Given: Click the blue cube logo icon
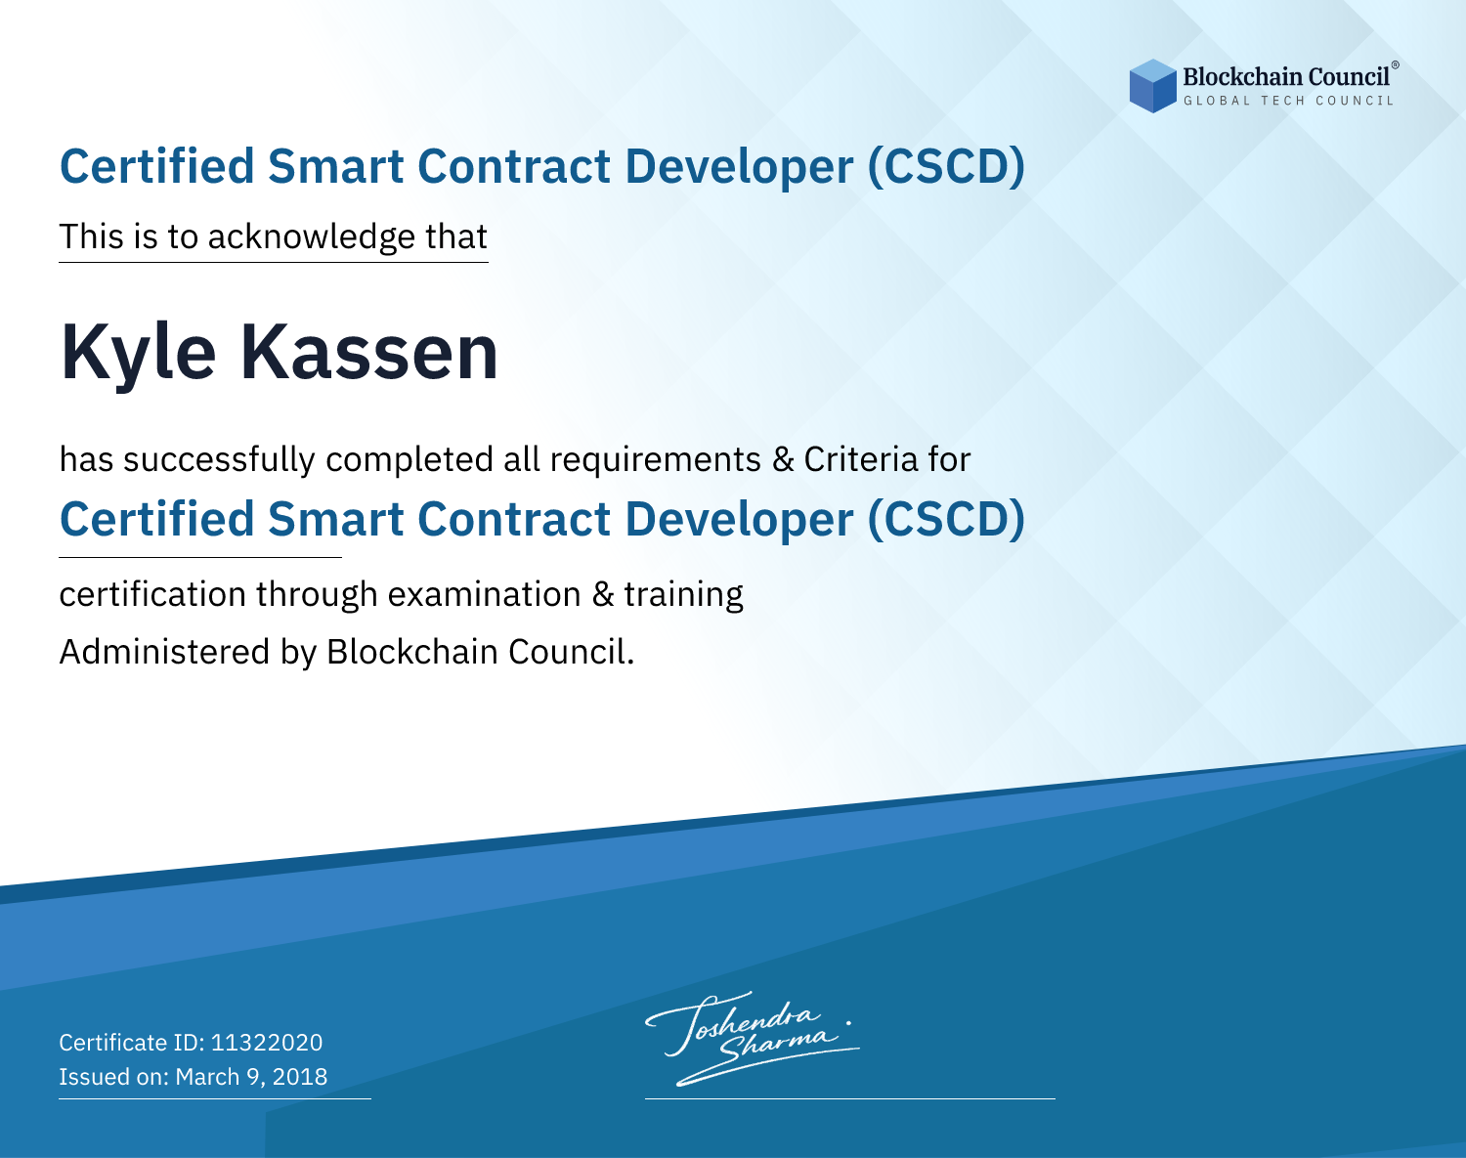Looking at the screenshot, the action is [1152, 86].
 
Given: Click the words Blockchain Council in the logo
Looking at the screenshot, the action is [1286, 76].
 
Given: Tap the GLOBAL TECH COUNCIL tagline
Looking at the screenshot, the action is [1288, 101].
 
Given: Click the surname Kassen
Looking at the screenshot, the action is [369, 352].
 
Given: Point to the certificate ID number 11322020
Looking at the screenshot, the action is [267, 1042].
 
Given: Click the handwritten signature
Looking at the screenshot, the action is [752, 1038].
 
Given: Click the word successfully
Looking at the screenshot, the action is [219, 460].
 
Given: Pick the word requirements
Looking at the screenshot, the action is [655, 460].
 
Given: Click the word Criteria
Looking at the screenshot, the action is [860, 458].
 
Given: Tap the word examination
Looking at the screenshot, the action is [484, 594].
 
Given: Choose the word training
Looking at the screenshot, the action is [683, 595].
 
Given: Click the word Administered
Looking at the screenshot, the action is [164, 651].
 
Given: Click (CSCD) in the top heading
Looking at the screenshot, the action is [946, 167].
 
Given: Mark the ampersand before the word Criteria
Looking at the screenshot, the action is [783, 459].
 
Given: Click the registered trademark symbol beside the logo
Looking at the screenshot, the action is [1396, 65].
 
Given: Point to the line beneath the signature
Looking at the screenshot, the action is [849, 1098].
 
